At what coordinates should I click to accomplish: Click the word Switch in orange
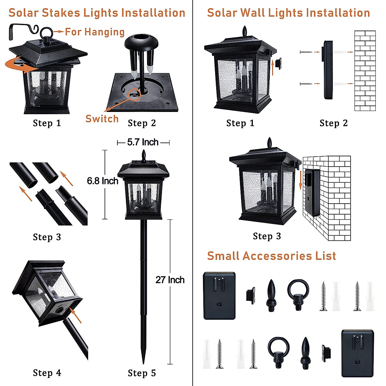tap(102, 119)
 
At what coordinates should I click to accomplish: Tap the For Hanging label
tap(95, 32)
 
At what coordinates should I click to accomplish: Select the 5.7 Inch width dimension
tap(143, 142)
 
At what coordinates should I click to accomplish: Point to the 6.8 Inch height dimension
tap(103, 181)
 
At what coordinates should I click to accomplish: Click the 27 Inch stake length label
tap(170, 280)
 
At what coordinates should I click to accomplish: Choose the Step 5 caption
tap(142, 373)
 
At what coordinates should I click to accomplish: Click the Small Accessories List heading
tap(271, 256)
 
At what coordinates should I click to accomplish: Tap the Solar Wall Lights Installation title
tap(289, 13)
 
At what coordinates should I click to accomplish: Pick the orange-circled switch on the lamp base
tap(134, 95)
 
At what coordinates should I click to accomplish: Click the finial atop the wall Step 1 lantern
tap(245, 32)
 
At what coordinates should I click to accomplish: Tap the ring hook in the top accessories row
tap(298, 294)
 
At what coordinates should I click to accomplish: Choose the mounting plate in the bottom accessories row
tap(357, 353)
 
